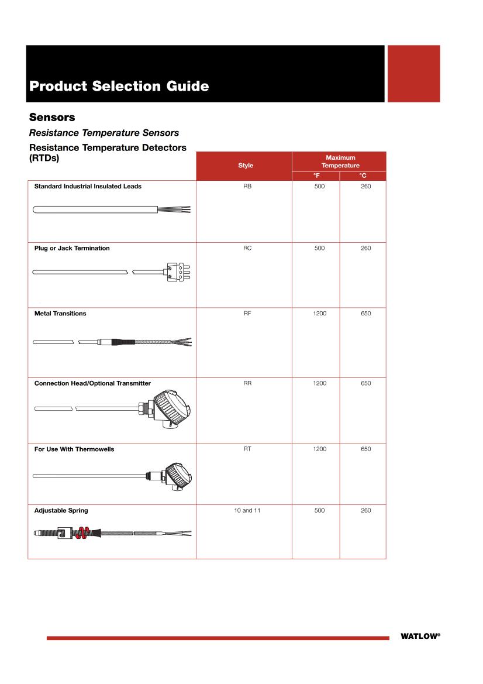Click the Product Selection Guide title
pyautogui.click(x=119, y=86)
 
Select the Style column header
pyautogui.click(x=246, y=166)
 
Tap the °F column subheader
pyautogui.click(x=316, y=176)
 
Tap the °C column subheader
pyautogui.click(x=363, y=176)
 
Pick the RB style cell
pyautogui.click(x=247, y=186)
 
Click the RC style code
pyautogui.click(x=247, y=248)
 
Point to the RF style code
pyautogui.click(x=247, y=314)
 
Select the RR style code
pyautogui.click(x=247, y=383)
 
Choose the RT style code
pyautogui.click(x=247, y=449)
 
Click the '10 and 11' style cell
pyautogui.click(x=247, y=510)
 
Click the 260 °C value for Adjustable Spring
pyautogui.click(x=365, y=510)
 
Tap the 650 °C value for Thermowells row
pyautogui.click(x=365, y=449)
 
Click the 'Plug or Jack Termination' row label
pyautogui.click(x=72, y=248)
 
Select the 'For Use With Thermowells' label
pyautogui.click(x=74, y=449)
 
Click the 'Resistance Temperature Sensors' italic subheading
pyautogui.click(x=103, y=133)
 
